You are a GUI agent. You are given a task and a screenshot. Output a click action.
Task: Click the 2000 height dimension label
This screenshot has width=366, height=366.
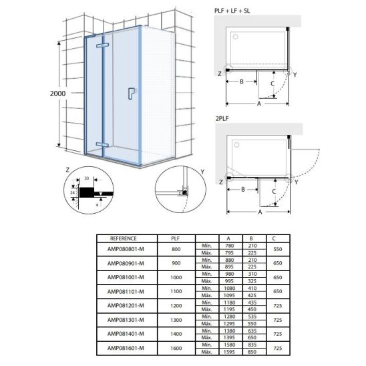coord(58,94)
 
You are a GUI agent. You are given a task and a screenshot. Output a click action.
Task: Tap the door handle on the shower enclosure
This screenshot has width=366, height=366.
coord(132,94)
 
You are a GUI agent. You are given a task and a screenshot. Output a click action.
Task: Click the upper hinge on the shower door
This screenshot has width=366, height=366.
coord(102,45)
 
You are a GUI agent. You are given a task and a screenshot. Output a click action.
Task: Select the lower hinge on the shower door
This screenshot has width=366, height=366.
coord(102,145)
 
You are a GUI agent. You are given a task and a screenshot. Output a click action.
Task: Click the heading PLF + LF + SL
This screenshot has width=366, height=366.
coord(232,11)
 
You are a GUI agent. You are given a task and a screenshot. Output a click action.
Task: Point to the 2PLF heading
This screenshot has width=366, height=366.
coord(222,119)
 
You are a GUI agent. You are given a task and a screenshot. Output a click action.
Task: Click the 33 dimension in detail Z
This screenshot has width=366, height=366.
coord(87,178)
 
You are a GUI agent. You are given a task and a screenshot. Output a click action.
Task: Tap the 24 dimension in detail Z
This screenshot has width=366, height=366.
coord(73,193)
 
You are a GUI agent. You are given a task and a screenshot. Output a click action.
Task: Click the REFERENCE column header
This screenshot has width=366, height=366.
coord(124,238)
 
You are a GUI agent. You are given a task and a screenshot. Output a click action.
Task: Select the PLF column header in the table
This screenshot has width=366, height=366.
coord(175,238)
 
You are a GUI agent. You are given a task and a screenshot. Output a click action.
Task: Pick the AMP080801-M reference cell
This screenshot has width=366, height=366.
coord(126,249)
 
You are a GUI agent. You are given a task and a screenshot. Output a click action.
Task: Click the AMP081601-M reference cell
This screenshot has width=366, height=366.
coord(126,348)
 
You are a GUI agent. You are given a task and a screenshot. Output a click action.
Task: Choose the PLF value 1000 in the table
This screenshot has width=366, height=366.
coord(176,278)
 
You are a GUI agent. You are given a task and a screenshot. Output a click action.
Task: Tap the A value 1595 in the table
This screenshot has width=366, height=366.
coord(229,352)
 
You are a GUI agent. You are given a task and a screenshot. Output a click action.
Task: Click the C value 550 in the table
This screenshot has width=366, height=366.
coord(278,249)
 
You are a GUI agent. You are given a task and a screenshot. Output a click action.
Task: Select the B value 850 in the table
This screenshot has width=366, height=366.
coord(252,352)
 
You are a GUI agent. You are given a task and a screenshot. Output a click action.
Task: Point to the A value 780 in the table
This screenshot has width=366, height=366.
coord(229,246)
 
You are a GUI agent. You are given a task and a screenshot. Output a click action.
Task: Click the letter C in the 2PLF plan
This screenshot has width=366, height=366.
coord(274,192)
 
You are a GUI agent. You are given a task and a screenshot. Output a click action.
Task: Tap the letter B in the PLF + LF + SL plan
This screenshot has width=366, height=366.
coord(242,81)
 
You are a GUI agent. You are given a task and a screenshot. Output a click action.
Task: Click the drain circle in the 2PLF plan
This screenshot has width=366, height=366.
coord(236,145)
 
